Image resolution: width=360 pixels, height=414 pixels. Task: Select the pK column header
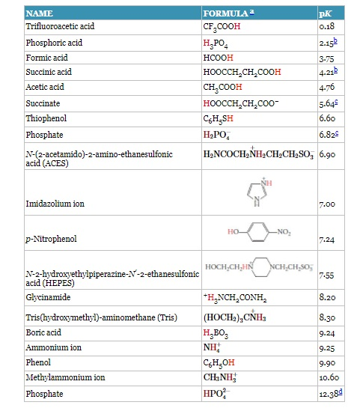tap(325, 13)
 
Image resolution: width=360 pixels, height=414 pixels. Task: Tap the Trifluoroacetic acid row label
tap(60, 27)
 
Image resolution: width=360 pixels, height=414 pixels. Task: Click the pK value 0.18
tap(326, 27)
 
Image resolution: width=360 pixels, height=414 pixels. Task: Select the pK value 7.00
tap(327, 203)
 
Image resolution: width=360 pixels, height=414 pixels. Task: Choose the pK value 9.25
tap(326, 349)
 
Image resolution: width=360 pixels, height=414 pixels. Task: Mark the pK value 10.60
tap(329, 378)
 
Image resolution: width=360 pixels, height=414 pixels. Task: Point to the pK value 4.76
tap(326, 87)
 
